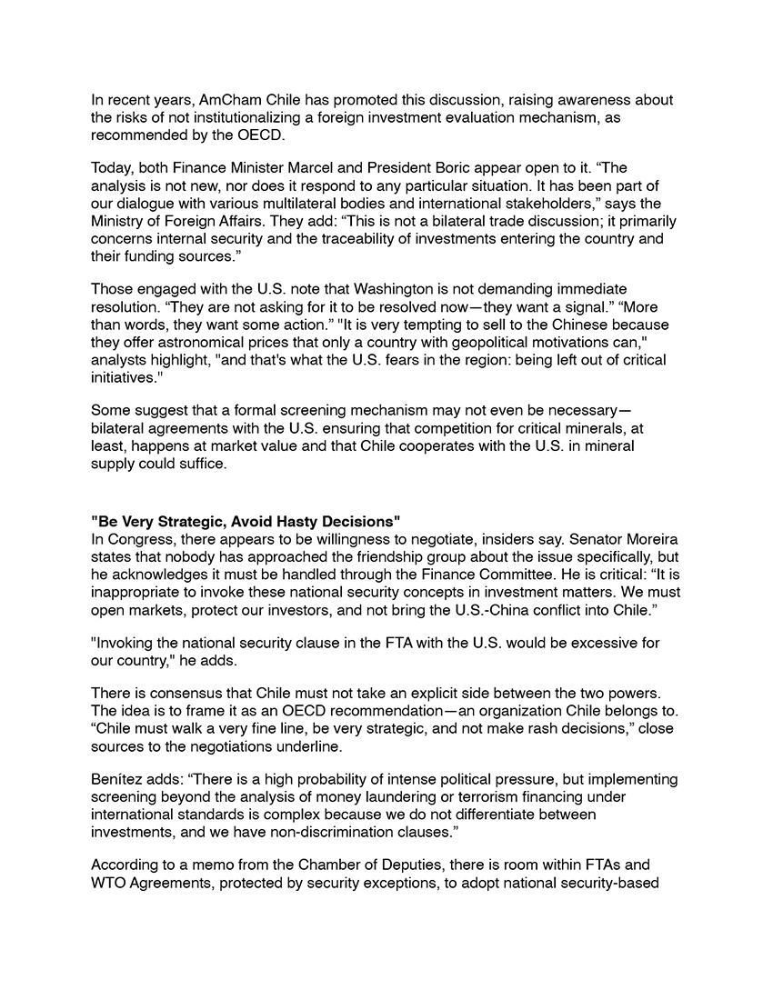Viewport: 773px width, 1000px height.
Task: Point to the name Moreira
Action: tap(650, 538)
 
